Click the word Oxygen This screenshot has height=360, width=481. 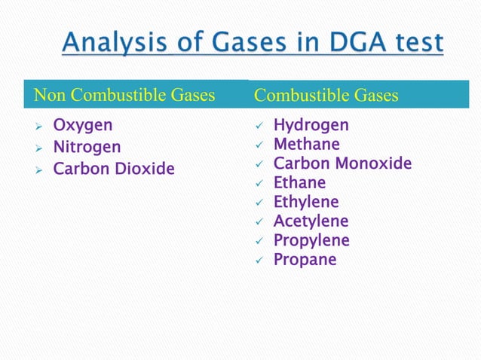tap(82, 125)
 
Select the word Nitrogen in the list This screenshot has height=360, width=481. tap(86, 147)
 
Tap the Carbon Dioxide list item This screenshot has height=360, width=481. tap(113, 169)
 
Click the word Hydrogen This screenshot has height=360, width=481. tap(311, 125)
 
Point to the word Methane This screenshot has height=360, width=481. tap(306, 144)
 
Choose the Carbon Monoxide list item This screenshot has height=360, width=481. tap(342, 163)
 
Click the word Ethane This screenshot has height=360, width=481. tap(299, 182)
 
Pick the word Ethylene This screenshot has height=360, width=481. tap(305, 202)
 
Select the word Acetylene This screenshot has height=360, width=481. tap(311, 221)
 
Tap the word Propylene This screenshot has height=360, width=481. tap(311, 240)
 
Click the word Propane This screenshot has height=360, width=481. tap(305, 260)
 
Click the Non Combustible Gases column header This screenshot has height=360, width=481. tap(124, 96)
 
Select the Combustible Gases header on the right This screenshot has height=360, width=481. tap(326, 96)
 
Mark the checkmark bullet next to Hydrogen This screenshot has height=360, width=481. tap(258, 126)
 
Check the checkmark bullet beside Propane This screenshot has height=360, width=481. tap(258, 261)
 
